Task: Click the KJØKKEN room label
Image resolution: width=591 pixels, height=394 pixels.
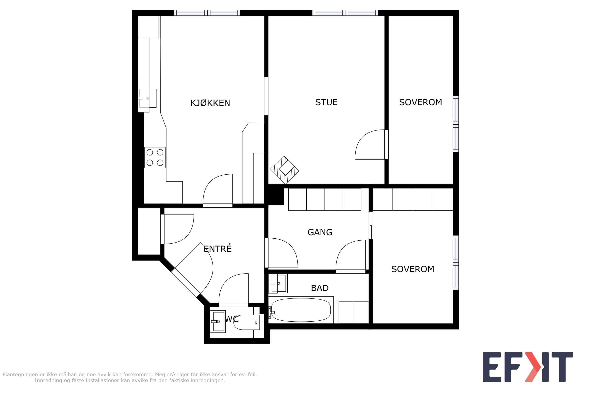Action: [210, 103]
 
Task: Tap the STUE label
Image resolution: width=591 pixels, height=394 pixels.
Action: [327, 102]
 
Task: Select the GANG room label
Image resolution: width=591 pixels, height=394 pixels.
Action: [320, 232]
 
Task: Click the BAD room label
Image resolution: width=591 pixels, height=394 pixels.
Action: [320, 288]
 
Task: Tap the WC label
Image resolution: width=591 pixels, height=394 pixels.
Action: [231, 319]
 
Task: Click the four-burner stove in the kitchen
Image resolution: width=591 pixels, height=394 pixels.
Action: [155, 157]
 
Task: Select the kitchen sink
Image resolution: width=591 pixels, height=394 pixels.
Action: [148, 98]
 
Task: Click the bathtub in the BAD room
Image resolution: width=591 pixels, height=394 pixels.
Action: [301, 310]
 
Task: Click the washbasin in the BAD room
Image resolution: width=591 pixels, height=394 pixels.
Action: [278, 283]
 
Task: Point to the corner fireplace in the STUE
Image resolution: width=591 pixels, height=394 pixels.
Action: [284, 170]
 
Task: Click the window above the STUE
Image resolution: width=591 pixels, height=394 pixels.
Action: [345, 13]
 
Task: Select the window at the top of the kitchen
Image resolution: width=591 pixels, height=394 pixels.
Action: [207, 13]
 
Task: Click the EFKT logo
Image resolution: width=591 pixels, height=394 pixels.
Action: [528, 367]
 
